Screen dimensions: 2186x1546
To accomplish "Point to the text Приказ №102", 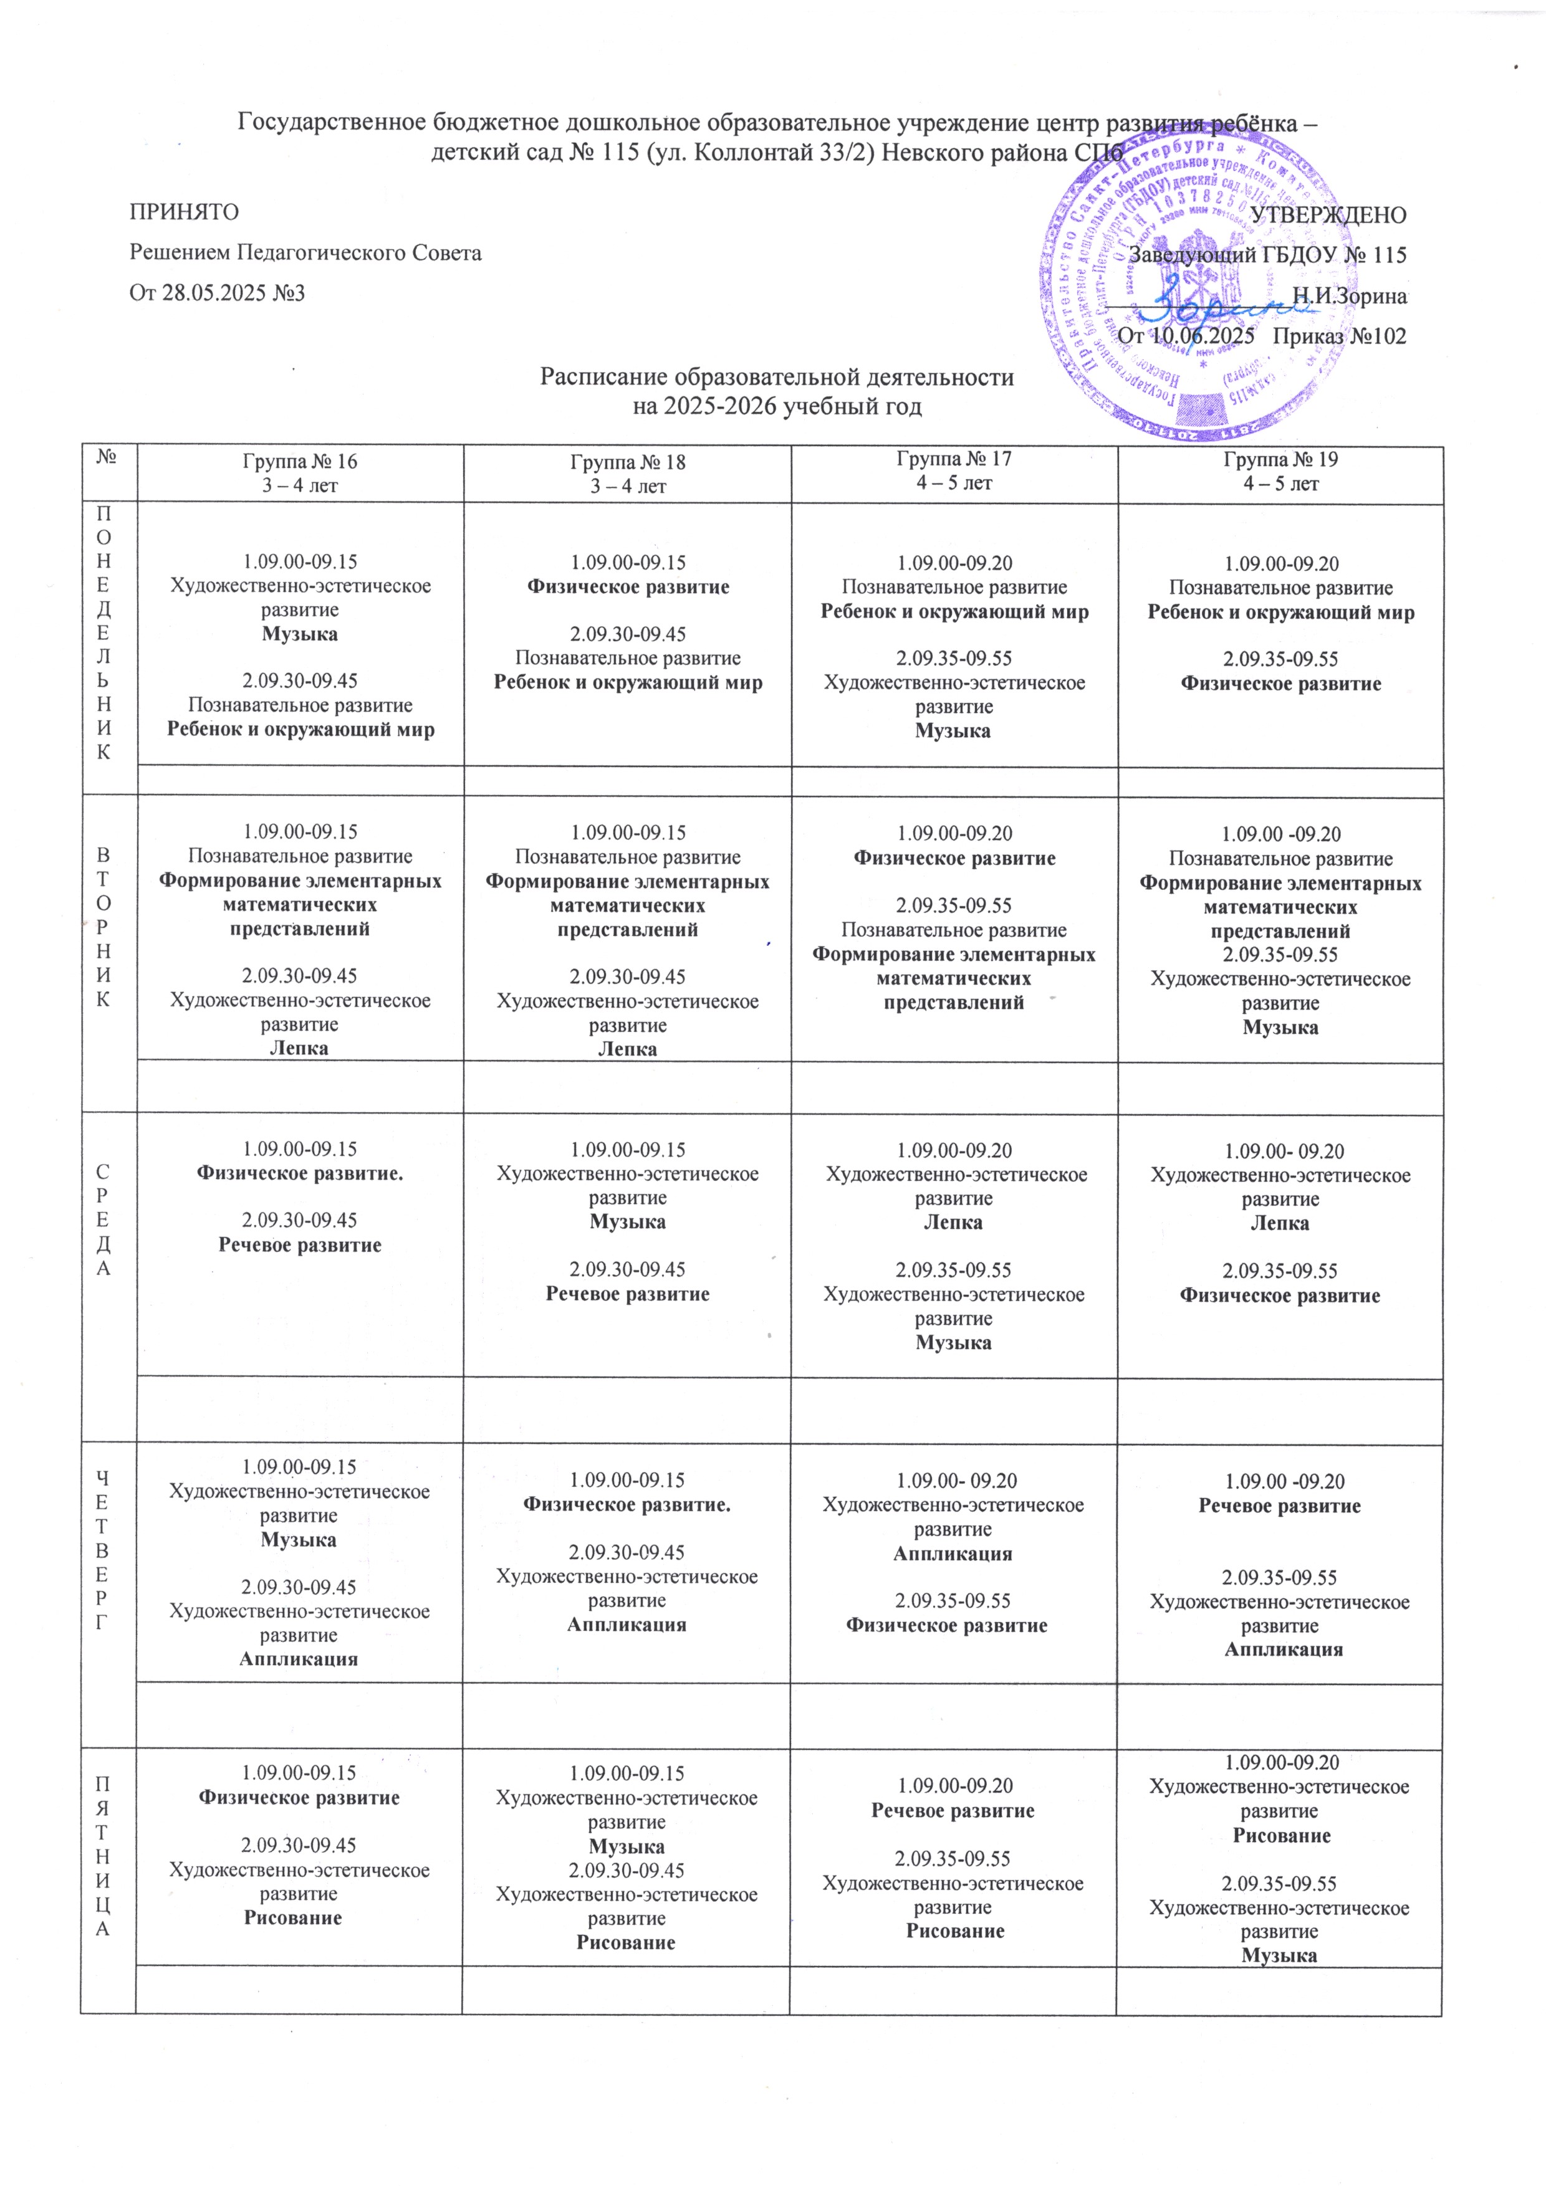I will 1338,336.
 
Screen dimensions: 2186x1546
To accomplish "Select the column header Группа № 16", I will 300,462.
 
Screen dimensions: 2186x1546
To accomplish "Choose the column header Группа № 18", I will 628,463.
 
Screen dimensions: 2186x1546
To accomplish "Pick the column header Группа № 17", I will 954,459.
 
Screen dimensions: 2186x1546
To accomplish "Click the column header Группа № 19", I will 1280,460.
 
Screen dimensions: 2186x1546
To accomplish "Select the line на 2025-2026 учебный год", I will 777,408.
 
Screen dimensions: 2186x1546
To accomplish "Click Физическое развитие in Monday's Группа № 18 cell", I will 628,586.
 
